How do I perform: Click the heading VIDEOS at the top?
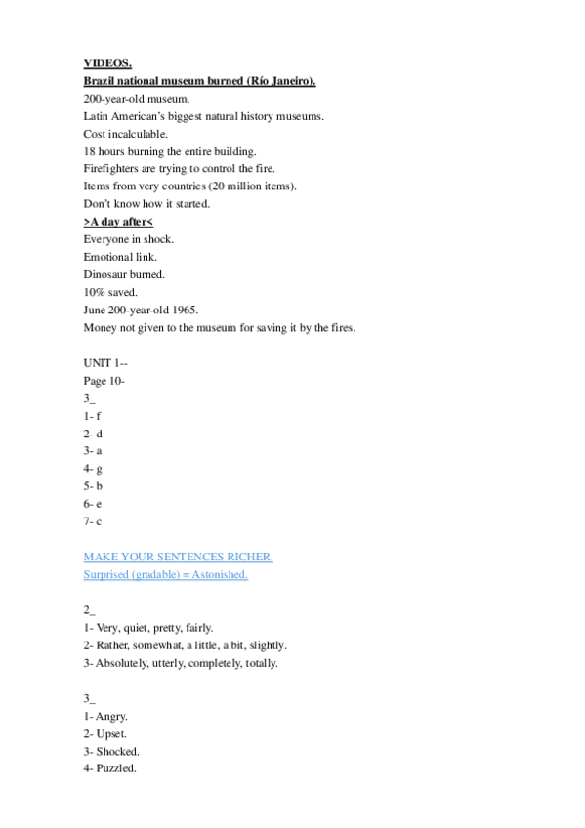click(101, 63)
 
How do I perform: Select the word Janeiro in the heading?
click(290, 81)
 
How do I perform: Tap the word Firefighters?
click(112, 169)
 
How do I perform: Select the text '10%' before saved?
click(94, 292)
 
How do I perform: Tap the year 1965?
click(184, 310)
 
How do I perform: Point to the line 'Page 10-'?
click(104, 381)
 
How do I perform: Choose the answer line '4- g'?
click(93, 469)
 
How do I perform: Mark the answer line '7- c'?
click(93, 521)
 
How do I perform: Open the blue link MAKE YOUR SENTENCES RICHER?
click(178, 557)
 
